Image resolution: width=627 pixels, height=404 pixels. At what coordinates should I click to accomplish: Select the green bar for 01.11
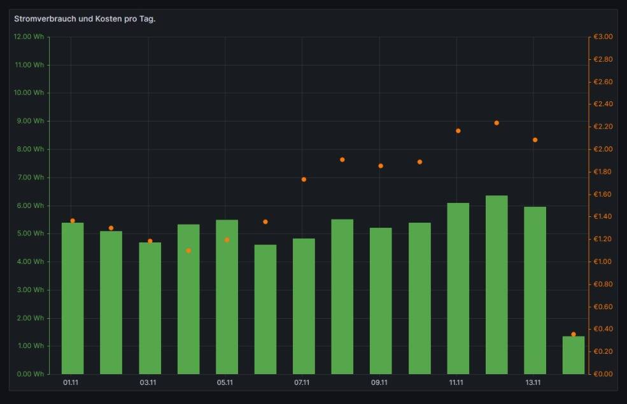(x=73, y=298)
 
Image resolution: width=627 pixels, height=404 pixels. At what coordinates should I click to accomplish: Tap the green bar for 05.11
(x=227, y=297)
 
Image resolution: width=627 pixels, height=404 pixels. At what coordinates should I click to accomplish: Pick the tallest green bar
(x=497, y=285)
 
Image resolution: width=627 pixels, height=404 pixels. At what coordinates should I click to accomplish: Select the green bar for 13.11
(x=535, y=291)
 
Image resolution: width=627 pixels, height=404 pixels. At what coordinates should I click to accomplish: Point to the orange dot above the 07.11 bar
(x=304, y=179)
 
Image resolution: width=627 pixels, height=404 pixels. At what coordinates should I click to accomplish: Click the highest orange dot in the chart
(x=497, y=123)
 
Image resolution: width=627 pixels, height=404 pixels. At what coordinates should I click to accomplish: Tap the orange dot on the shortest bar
(x=574, y=334)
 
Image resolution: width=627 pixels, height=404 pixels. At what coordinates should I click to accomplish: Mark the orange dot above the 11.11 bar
(x=458, y=131)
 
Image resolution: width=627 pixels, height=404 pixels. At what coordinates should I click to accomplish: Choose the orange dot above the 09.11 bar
(x=381, y=166)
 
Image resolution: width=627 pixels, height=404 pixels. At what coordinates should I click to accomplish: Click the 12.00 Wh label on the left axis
(x=29, y=37)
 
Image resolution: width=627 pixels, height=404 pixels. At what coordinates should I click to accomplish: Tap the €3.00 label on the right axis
(x=603, y=37)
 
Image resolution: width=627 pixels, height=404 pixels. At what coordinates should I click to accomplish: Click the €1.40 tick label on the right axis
(x=603, y=217)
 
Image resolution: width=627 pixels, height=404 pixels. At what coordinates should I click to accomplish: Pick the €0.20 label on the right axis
(x=603, y=352)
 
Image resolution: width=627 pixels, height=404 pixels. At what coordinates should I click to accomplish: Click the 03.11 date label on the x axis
(x=148, y=383)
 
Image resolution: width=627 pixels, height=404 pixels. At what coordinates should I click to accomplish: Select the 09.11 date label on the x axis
(x=379, y=383)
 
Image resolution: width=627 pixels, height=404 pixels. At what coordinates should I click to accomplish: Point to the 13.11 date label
(x=533, y=383)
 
